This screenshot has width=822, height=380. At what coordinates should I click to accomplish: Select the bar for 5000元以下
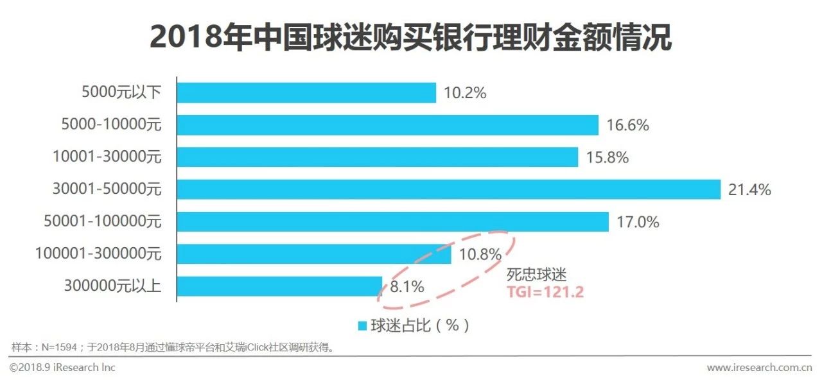[306, 92]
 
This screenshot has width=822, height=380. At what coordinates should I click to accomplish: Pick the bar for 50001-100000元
[392, 221]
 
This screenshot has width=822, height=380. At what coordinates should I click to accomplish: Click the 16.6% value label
[627, 125]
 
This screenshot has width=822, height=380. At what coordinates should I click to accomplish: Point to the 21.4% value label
[749, 190]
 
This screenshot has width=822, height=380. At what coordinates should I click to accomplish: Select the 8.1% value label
[407, 287]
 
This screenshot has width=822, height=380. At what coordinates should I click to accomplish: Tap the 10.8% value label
[480, 255]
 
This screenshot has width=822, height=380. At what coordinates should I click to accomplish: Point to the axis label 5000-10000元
[110, 125]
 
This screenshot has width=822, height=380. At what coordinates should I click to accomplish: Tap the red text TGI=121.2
[545, 292]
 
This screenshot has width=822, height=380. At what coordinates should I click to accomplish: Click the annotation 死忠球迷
[536, 275]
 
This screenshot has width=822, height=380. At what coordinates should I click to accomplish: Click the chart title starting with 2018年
[411, 38]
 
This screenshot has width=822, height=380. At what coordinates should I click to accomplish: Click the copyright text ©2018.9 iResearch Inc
[62, 368]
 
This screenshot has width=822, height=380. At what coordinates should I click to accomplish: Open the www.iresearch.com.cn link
[759, 368]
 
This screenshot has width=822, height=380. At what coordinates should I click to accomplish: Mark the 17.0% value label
[638, 222]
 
